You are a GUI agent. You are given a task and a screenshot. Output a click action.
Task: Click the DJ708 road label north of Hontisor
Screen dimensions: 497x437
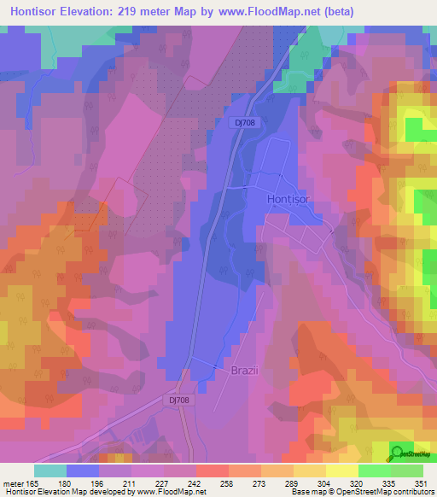coord(248,123)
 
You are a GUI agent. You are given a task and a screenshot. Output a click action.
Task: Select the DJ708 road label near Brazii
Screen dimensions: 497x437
coord(178,399)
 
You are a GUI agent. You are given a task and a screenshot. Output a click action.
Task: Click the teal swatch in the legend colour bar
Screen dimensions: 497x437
coord(50,471)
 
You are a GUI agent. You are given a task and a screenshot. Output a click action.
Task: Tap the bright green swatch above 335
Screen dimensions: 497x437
coord(375,471)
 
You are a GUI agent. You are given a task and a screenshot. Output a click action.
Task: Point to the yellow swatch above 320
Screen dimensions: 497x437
coord(341,471)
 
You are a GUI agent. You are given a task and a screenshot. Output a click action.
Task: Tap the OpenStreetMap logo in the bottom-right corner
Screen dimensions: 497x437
coord(409,453)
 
